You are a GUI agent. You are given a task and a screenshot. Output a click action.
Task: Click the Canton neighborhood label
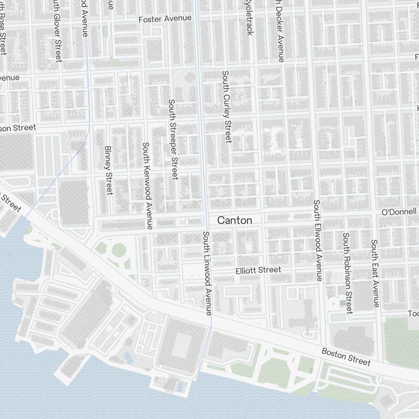235,220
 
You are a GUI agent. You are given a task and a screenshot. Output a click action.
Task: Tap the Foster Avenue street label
165,19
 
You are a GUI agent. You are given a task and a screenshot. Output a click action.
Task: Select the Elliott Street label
258,270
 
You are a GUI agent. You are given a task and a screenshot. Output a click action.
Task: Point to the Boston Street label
346,356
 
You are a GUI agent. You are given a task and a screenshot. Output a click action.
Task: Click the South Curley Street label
227,107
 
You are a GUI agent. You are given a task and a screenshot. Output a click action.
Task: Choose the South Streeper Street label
173,140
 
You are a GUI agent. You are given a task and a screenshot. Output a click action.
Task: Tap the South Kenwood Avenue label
147,186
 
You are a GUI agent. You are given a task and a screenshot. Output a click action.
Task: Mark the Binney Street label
108,170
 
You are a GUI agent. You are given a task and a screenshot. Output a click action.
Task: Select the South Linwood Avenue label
207,273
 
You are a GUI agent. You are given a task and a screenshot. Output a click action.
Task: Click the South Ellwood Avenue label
317,241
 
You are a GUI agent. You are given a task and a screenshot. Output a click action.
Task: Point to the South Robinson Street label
347,273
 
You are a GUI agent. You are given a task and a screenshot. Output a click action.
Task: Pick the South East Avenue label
375,273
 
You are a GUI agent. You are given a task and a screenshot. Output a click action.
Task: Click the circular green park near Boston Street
119,250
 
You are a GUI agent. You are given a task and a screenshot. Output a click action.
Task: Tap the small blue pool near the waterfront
128,358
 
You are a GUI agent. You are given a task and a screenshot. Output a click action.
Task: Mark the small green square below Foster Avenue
115,62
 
